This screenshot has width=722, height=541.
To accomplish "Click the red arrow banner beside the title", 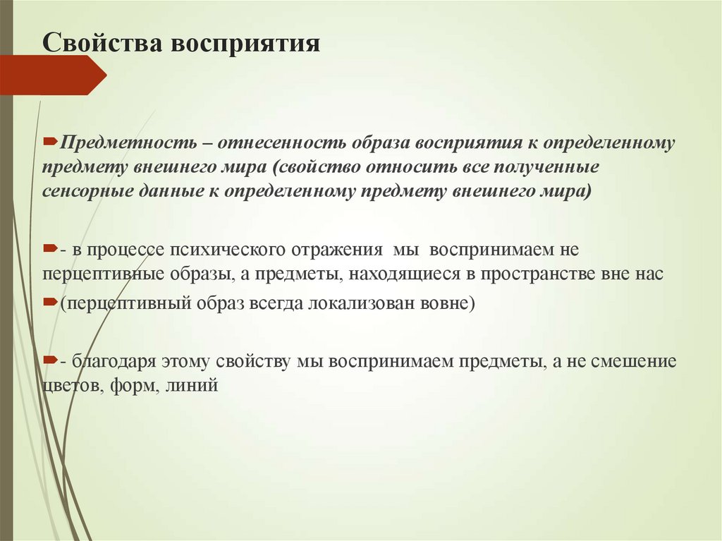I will click(53, 75).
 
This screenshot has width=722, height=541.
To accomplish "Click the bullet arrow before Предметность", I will click(51, 142).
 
